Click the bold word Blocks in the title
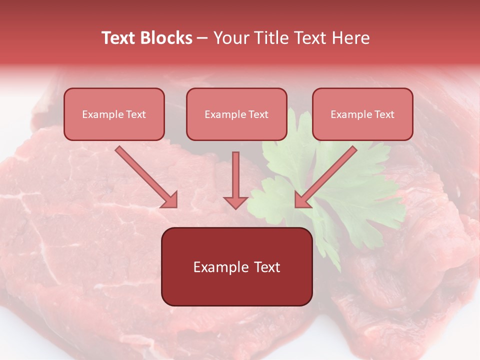(166, 38)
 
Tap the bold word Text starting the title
(119, 38)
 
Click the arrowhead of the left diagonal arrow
(170, 200)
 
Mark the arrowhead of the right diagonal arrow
(302, 200)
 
